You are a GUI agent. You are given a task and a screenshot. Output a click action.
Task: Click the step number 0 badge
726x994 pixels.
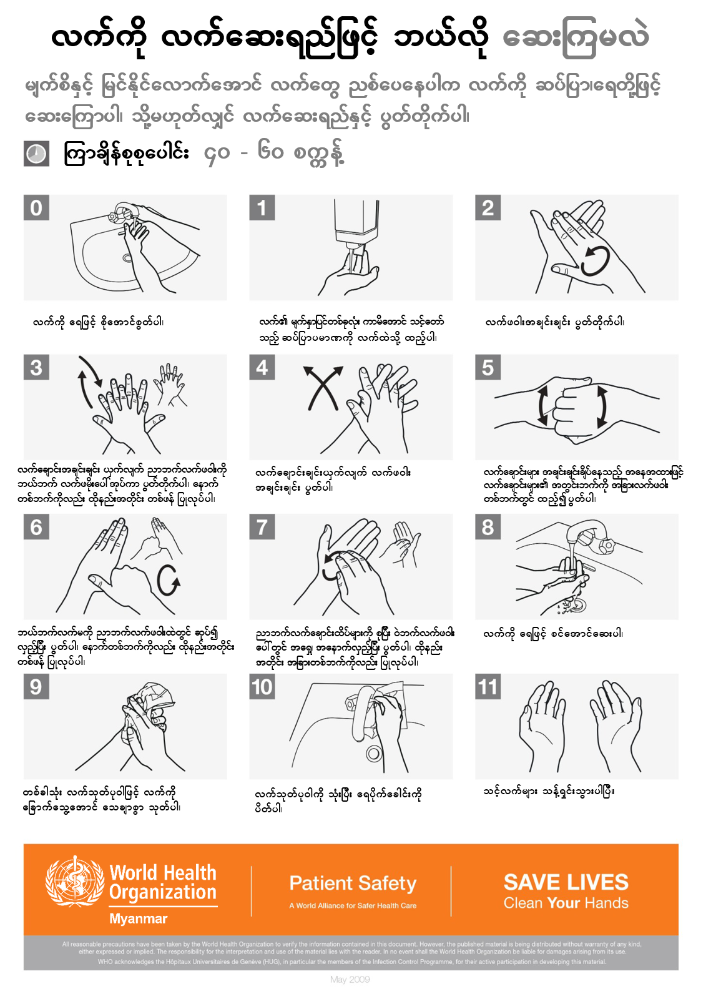click(x=36, y=207)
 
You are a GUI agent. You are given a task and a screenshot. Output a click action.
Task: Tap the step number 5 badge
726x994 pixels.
click(x=488, y=367)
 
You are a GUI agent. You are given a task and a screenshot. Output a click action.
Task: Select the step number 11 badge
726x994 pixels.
click(x=488, y=687)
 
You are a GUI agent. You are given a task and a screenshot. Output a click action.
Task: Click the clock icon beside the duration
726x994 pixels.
click(x=36, y=154)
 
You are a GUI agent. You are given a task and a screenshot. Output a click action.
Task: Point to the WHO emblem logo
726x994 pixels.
click(x=75, y=881)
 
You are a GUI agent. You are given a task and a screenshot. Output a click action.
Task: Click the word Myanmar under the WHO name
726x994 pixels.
click(x=139, y=919)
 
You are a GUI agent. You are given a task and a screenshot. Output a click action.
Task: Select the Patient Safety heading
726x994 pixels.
click(x=353, y=883)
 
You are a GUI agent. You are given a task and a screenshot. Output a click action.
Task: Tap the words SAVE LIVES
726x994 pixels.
click(x=566, y=882)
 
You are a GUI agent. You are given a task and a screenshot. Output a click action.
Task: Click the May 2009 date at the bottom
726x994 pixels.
click(x=350, y=979)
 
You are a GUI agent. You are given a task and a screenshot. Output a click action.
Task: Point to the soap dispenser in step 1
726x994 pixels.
click(x=353, y=225)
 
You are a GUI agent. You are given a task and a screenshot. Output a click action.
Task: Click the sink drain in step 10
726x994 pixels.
click(x=374, y=753)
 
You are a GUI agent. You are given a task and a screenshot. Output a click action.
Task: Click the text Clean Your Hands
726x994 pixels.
click(x=566, y=903)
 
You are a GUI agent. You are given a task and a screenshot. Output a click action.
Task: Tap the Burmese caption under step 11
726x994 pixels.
click(x=548, y=792)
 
